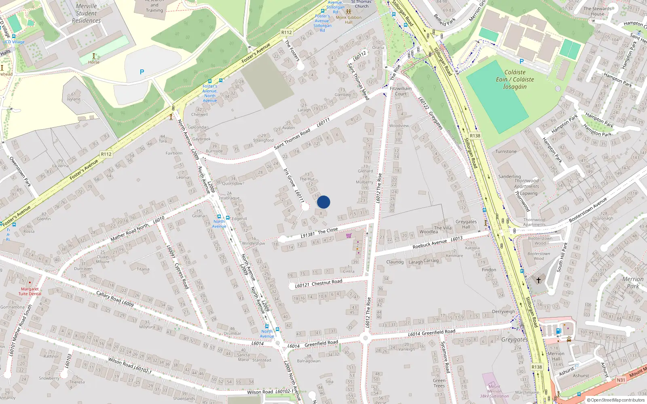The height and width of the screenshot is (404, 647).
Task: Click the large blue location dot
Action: click(x=323, y=202)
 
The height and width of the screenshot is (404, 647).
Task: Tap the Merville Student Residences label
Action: click(x=86, y=13)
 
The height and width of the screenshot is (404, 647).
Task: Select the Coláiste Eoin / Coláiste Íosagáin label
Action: click(x=515, y=80)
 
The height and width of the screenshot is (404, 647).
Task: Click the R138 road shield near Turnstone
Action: click(x=475, y=136)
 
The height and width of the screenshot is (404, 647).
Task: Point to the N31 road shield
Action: click(x=621, y=380)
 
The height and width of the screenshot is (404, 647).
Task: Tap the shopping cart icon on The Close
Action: click(x=349, y=236)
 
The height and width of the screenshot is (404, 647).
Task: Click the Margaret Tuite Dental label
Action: click(x=30, y=291)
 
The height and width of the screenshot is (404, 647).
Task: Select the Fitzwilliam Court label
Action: click(x=401, y=91)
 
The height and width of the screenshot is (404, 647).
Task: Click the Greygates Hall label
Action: click(x=466, y=224)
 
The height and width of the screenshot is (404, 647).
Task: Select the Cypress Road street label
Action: click(x=182, y=276)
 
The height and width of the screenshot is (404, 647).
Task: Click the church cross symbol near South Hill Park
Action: click(x=538, y=280)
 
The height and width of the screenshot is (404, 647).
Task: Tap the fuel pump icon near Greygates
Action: click(x=558, y=331)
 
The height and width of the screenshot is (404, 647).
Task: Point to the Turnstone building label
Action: click(x=506, y=151)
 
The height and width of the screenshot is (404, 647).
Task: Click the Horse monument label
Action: click(x=94, y=62)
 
